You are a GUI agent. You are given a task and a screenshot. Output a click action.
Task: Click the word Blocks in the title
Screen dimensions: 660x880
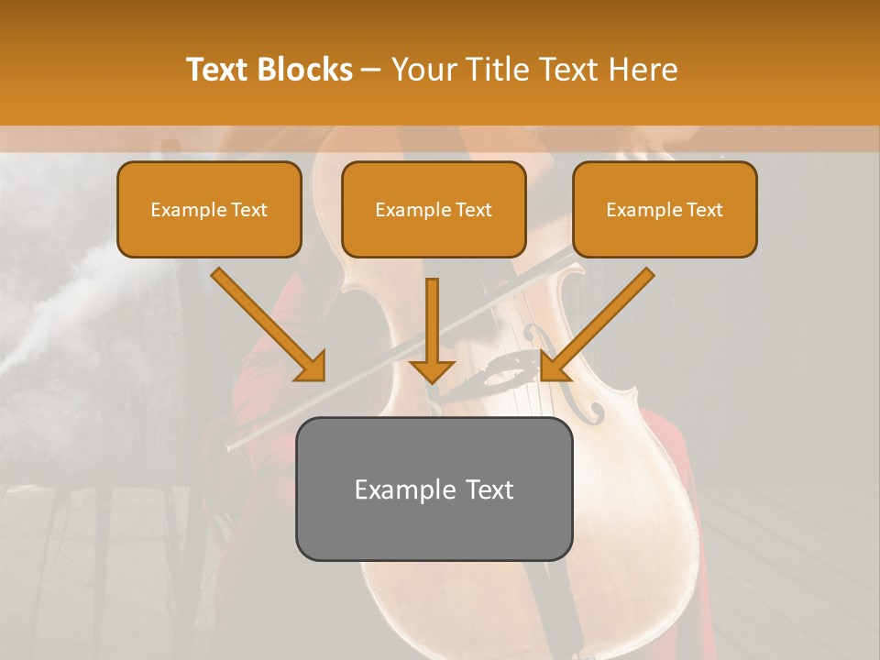coord(304,70)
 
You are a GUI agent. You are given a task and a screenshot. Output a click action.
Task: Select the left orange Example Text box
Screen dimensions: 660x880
coord(209,209)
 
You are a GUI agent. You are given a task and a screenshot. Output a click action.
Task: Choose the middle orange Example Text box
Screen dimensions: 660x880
coord(434,209)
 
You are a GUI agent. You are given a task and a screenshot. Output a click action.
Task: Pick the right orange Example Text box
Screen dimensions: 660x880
coord(665,209)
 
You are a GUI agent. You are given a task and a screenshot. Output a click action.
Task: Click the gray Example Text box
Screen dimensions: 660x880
coord(434,489)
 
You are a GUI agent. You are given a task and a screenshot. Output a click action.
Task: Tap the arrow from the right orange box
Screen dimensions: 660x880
coord(600,321)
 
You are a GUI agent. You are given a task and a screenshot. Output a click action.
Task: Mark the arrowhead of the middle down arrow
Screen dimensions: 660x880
coord(432,370)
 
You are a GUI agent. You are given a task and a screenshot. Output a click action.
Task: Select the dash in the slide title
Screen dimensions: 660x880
coord(372,71)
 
